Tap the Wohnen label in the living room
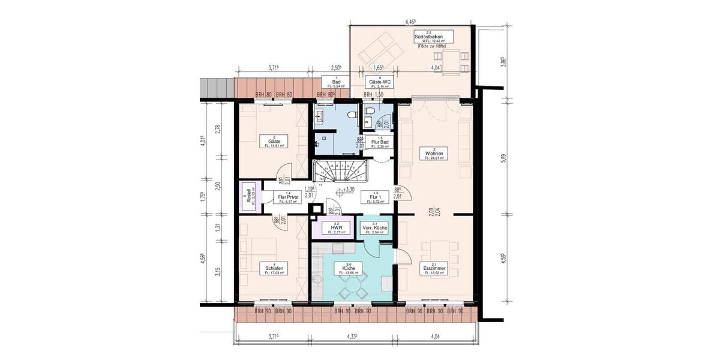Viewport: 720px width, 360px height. click(x=434, y=154)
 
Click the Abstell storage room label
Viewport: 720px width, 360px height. click(x=246, y=197)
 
